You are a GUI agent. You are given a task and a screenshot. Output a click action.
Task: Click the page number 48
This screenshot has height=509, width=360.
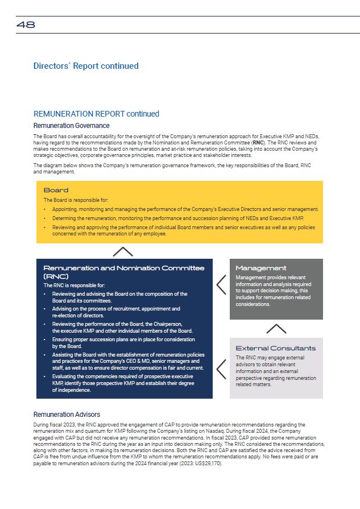[26, 24]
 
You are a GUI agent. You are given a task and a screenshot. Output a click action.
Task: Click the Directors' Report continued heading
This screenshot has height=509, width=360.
[86, 66]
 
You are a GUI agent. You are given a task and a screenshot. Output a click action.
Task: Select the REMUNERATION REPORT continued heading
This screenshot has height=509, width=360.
[96, 114]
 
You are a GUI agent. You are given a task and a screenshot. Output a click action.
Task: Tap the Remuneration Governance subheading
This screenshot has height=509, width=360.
[71, 126]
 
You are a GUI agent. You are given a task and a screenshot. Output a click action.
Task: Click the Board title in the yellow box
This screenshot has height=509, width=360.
[56, 191]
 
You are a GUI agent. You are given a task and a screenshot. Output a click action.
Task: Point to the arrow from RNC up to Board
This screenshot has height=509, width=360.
[123, 251]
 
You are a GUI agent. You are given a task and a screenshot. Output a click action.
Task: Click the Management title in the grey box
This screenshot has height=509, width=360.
[261, 268]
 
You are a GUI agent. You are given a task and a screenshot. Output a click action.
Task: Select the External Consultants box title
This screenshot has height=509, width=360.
[275, 348]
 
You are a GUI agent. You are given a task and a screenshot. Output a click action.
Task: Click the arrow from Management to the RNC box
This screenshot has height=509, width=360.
[221, 284]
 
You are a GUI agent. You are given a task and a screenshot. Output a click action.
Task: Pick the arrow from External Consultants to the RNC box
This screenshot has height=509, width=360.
[221, 369]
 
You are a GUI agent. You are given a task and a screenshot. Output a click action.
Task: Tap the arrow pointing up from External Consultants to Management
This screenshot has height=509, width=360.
[276, 329]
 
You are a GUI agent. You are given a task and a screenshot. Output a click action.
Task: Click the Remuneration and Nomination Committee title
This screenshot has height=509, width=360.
[124, 271]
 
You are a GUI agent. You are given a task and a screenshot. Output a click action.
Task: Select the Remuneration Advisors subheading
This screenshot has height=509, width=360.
[67, 415]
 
